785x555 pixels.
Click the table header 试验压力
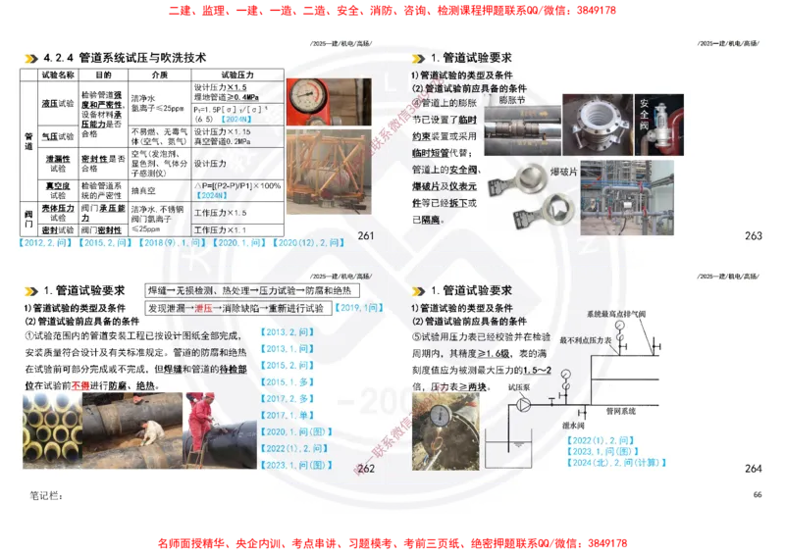(x=235, y=75)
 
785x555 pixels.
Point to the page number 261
(x=366, y=236)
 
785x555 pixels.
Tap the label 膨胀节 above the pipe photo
(x=512, y=99)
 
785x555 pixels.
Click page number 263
(x=753, y=236)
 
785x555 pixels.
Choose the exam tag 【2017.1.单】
(x=288, y=416)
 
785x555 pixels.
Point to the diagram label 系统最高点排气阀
(x=619, y=314)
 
